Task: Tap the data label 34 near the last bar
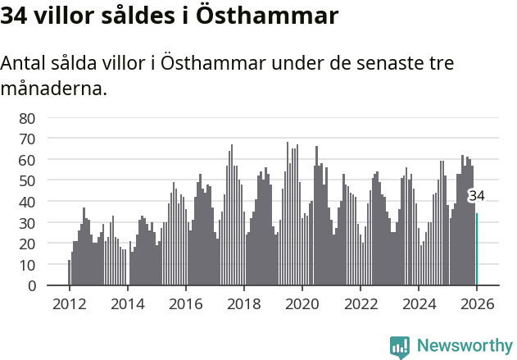click(476, 196)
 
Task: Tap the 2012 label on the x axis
click(69, 303)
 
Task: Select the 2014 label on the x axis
click(127, 303)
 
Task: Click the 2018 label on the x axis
click(243, 303)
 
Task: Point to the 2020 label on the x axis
click(302, 303)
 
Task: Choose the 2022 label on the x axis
click(360, 303)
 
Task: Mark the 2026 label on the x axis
click(476, 303)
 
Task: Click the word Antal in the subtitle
click(25, 64)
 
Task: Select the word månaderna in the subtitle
click(54, 88)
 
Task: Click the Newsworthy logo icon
click(400, 347)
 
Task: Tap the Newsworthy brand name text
click(464, 346)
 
